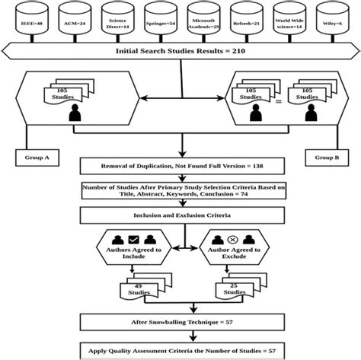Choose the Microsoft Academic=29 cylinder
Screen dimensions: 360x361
coord(203,23)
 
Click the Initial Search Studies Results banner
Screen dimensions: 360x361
coord(180,53)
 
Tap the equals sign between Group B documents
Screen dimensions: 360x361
coord(286,99)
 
